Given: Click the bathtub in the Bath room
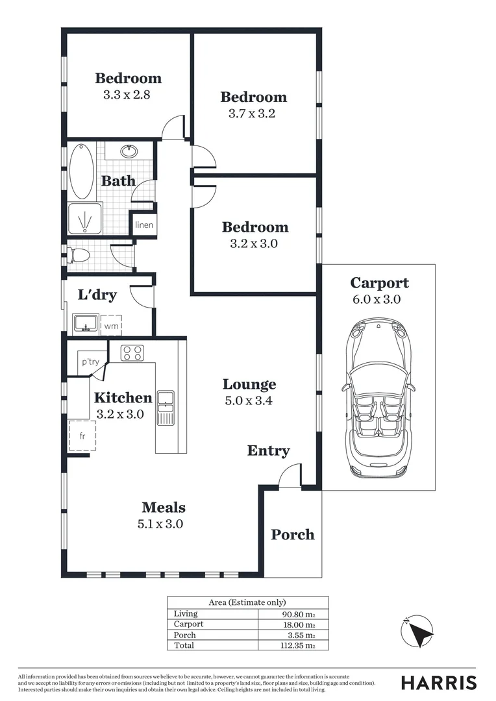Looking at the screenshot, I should (82, 171).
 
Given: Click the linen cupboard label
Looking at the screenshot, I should (144, 225).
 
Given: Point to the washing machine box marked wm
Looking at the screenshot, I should (111, 326).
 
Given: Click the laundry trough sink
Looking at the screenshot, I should (85, 323).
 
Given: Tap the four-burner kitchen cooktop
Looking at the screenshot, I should (133, 352).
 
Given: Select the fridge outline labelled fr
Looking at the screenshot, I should (82, 436).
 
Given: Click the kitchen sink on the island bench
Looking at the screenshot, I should (166, 408).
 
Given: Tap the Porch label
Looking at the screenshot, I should (293, 535).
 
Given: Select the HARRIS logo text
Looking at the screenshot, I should (438, 682).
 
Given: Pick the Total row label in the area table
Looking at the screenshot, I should (184, 646).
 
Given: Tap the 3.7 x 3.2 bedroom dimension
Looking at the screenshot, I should (253, 114).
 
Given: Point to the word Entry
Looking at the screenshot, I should (268, 450).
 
